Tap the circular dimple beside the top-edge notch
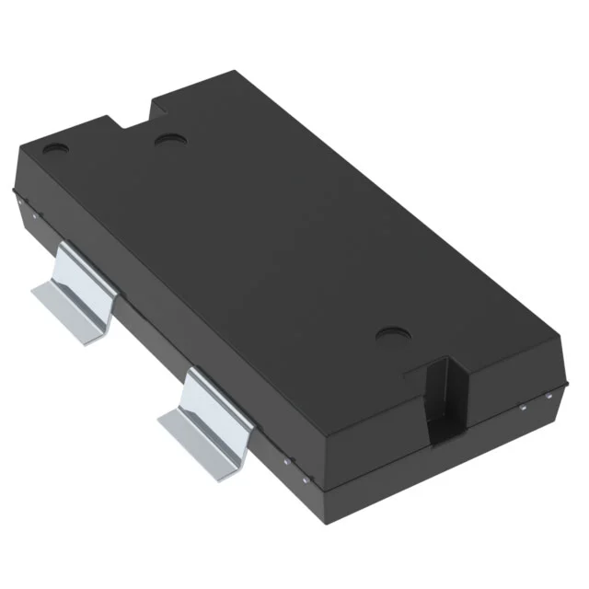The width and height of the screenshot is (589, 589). pos(169,140)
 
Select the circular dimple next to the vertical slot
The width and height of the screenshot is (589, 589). pos(392,335)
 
